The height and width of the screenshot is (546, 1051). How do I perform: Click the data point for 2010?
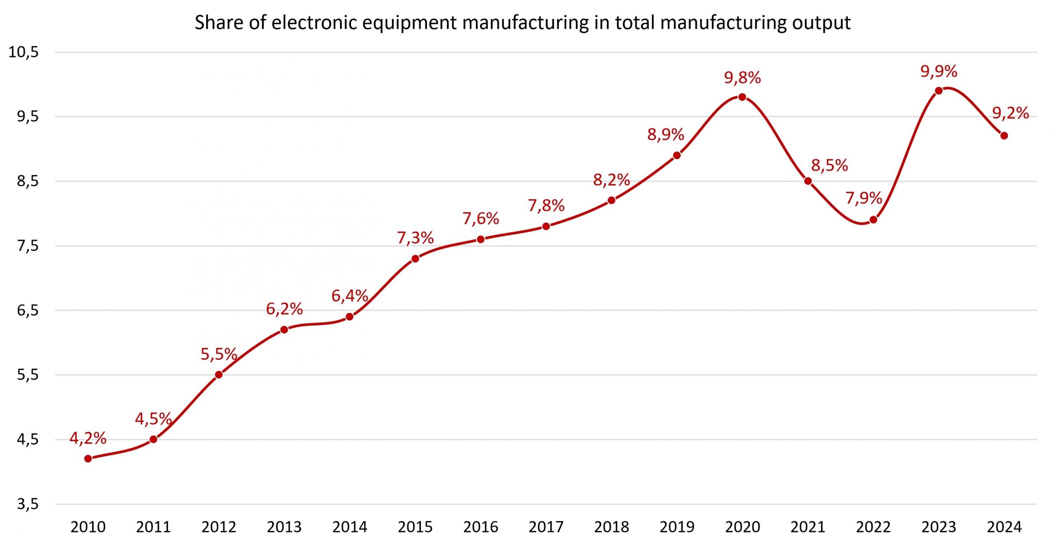tap(88, 458)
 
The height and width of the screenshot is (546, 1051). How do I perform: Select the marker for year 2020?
tap(742, 97)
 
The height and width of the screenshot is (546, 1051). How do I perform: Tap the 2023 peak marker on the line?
tap(939, 91)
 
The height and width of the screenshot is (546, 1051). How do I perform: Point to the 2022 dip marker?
tap(873, 220)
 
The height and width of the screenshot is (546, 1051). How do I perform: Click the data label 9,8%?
tap(742, 78)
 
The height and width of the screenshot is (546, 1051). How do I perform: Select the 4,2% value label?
tap(88, 438)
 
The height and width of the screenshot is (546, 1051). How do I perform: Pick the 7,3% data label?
tap(415, 238)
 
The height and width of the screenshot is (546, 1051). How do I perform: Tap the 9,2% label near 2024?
tap(1010, 113)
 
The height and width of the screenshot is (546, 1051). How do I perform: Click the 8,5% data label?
tap(829, 166)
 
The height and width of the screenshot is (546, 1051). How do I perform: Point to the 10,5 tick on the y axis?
tap(23, 52)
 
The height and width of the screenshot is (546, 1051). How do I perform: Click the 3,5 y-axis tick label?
tap(28, 504)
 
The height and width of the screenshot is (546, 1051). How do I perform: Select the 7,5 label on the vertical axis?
tap(28, 246)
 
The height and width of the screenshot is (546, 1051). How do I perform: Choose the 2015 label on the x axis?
tap(415, 527)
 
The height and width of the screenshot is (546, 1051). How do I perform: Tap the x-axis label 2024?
tap(1004, 527)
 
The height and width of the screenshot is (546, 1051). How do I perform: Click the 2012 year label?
tap(219, 527)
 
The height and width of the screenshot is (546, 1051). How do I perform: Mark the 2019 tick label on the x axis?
tap(677, 527)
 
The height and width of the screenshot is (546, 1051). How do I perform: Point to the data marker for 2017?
tap(546, 226)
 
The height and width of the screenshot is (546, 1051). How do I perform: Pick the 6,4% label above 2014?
tap(350, 296)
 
